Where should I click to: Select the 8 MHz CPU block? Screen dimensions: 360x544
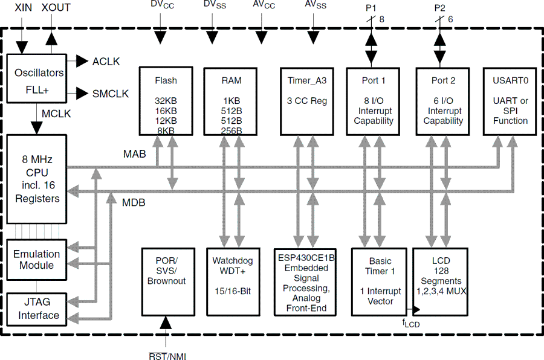(x=37, y=179)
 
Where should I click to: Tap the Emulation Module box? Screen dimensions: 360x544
(x=37, y=260)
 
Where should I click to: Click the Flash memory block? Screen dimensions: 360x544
(x=166, y=100)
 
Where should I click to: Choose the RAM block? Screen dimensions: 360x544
(x=231, y=100)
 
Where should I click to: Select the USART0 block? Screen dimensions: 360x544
(x=510, y=100)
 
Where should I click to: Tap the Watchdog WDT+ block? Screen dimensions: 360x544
(x=232, y=281)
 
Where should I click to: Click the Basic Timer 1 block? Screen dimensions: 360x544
(x=380, y=281)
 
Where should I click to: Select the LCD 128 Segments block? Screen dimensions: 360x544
(x=441, y=281)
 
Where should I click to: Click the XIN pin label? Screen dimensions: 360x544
(x=23, y=8)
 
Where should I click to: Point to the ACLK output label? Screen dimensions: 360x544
(x=106, y=62)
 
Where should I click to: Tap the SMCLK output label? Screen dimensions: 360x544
(x=110, y=94)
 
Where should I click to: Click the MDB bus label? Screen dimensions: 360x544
(x=134, y=202)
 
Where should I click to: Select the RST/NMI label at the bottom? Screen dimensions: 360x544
(x=167, y=356)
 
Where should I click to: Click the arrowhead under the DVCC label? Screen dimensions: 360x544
(x=160, y=38)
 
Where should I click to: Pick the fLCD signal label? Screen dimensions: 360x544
(x=411, y=323)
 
